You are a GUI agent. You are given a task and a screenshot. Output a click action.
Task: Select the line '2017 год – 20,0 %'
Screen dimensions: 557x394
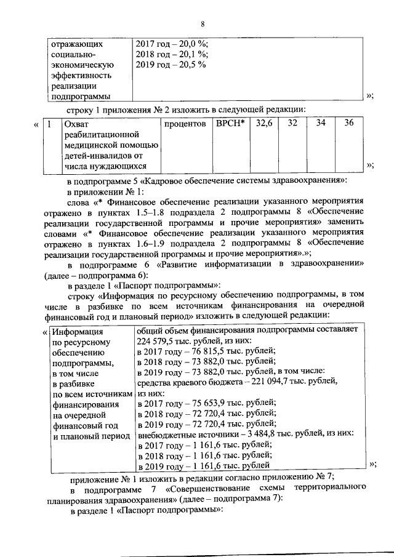click(x=172, y=44)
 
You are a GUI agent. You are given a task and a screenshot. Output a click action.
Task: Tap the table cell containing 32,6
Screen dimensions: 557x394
click(x=263, y=124)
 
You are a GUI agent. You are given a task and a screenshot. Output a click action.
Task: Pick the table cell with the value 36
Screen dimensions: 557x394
click(x=348, y=124)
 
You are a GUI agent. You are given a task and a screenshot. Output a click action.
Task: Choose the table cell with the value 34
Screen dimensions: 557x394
click(x=320, y=124)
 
